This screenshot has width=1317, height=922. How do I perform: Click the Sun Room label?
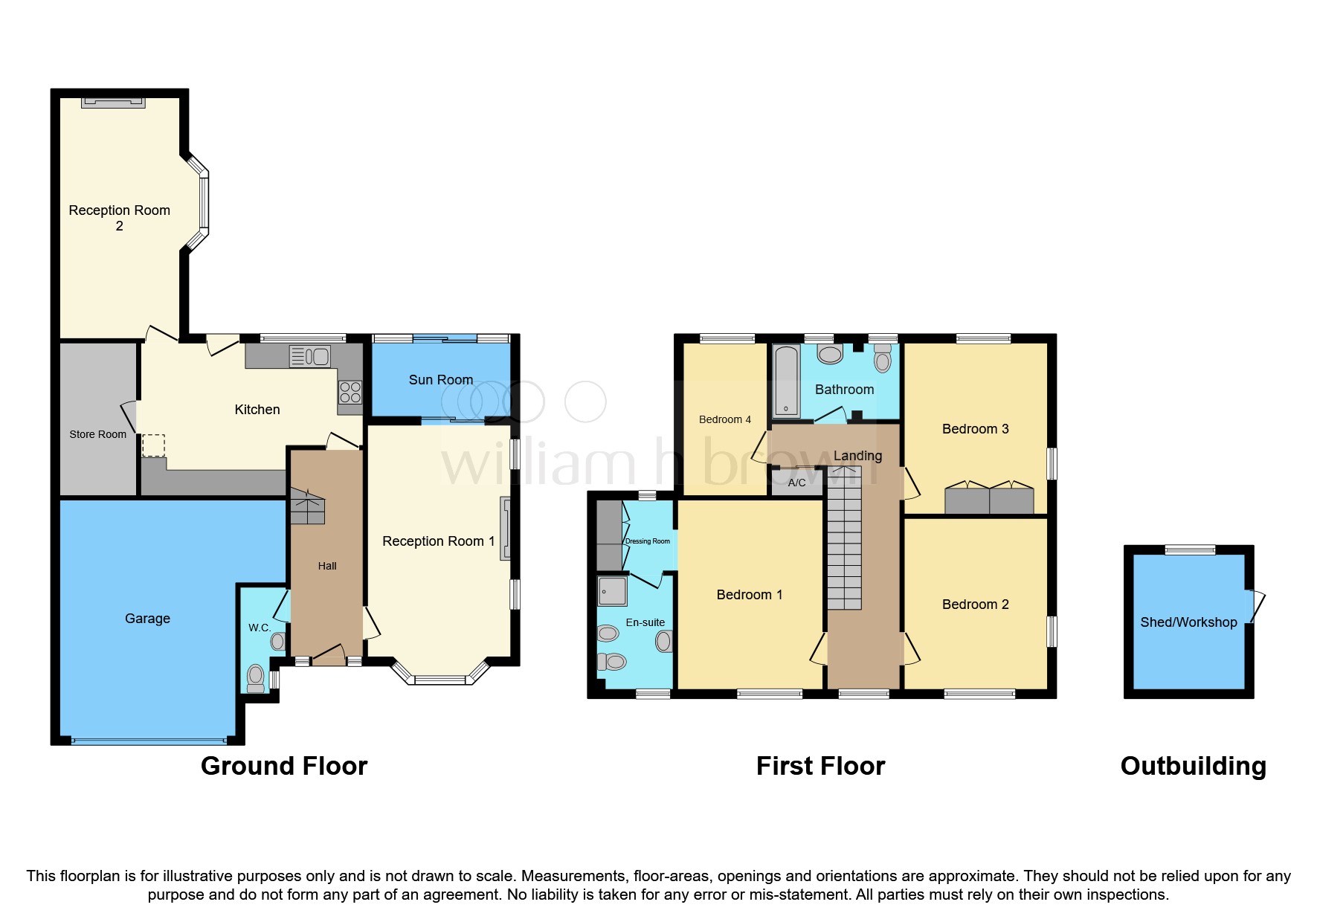pyautogui.click(x=440, y=380)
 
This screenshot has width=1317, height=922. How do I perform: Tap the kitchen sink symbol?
pyautogui.click(x=310, y=357)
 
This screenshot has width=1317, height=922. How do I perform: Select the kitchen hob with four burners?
pyautogui.click(x=350, y=393)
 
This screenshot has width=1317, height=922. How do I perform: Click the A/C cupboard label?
pyautogui.click(x=796, y=483)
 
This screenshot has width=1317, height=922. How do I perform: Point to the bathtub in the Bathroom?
pyautogui.click(x=785, y=380)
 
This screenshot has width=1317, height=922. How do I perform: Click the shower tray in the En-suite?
pyautogui.click(x=613, y=592)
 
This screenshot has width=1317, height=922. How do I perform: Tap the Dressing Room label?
pyautogui.click(x=648, y=541)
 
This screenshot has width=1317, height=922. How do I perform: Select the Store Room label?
pyautogui.click(x=97, y=434)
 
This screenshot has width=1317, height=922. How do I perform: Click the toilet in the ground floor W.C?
pyautogui.click(x=255, y=677)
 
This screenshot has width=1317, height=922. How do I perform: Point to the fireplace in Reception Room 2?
pyautogui.click(x=113, y=103)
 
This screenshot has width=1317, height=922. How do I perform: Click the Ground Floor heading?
pyautogui.click(x=284, y=766)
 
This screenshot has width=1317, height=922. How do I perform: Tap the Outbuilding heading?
pyautogui.click(x=1193, y=766)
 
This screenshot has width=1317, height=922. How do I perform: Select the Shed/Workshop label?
pyautogui.click(x=1188, y=622)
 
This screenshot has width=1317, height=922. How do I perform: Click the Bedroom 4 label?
pyautogui.click(x=724, y=419)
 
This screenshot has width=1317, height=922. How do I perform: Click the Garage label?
pyautogui.click(x=147, y=619)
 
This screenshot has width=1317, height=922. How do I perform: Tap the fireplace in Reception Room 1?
pyautogui.click(x=506, y=528)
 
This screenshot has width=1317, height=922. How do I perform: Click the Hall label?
pyautogui.click(x=327, y=566)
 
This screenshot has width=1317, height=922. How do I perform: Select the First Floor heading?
pyautogui.click(x=820, y=766)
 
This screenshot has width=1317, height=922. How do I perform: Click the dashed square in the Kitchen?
pyautogui.click(x=153, y=445)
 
